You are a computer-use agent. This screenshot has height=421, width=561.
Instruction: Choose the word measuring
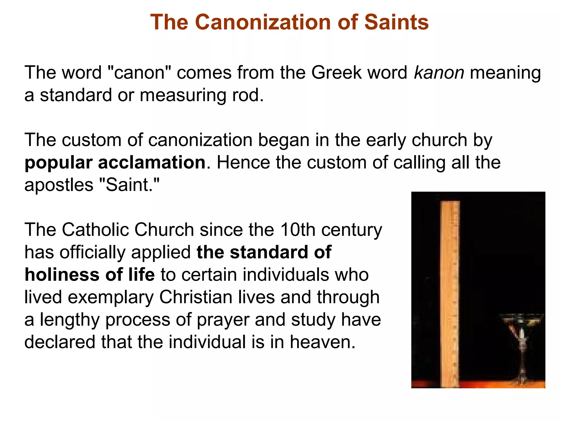[x=183, y=95]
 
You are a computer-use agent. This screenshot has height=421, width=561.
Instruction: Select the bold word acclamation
[x=152, y=163]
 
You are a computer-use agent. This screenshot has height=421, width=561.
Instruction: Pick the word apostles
[x=59, y=186]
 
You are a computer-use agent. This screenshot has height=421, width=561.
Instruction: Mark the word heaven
[x=322, y=342]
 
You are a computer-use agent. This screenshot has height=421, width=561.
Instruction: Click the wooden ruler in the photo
[x=450, y=293]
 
